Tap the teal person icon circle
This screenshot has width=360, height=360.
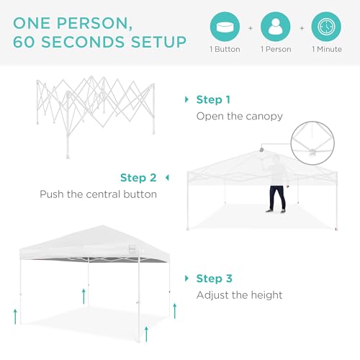click(x=276, y=27)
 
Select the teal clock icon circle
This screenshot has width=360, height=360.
click(x=326, y=27)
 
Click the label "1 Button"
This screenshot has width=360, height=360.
click(x=225, y=49)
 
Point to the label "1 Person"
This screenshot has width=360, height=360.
click(x=276, y=49)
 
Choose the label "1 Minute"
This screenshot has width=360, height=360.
click(x=326, y=49)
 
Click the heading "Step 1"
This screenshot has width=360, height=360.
click(x=214, y=99)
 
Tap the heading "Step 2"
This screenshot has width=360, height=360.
click(x=138, y=178)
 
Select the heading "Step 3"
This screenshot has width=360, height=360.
click(x=214, y=279)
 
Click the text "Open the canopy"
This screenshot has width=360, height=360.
click(x=240, y=116)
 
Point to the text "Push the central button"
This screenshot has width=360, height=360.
click(x=98, y=194)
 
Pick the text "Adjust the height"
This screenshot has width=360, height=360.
click(x=240, y=295)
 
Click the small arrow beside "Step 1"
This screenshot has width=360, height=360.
click(x=186, y=99)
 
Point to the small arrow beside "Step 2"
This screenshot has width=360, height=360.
click(x=167, y=178)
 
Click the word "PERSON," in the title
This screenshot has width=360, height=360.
click(x=117, y=19)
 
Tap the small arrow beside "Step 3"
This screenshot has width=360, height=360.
click(x=186, y=279)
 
